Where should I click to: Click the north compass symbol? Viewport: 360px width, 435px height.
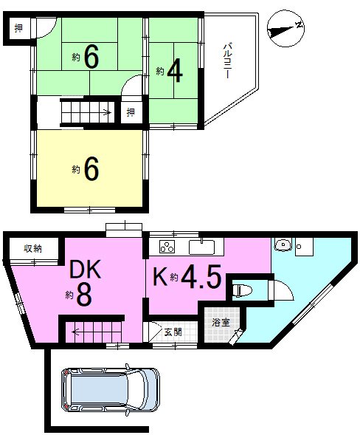tap(285, 29)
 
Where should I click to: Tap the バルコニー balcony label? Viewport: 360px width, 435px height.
tap(228, 61)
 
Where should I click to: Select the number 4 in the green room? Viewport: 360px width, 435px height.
tap(175, 71)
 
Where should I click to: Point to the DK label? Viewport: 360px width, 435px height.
tap(85, 270)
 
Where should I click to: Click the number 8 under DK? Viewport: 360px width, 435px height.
tap(84, 295)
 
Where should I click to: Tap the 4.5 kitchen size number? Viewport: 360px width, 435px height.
tap(201, 276)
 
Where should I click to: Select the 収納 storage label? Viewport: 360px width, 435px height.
tap(32, 249)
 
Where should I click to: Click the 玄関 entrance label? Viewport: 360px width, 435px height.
tap(173, 332)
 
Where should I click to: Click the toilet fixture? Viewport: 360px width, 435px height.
tap(242, 291)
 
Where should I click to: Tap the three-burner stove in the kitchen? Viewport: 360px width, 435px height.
tap(167, 247)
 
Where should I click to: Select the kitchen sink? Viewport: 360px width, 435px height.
tap(201, 247)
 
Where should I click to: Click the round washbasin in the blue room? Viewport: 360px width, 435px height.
tap(283, 244)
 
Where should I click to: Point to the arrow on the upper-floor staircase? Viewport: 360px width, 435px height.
tap(108, 112)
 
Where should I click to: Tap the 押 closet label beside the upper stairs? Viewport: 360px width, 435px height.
tap(131, 112)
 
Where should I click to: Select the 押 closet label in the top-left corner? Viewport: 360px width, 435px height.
tap(18, 28)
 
